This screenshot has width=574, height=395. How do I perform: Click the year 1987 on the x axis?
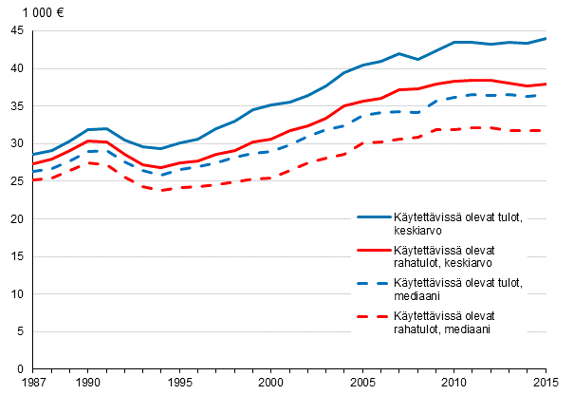coord(33,382)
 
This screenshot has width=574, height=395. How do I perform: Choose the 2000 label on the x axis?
coord(270,382)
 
